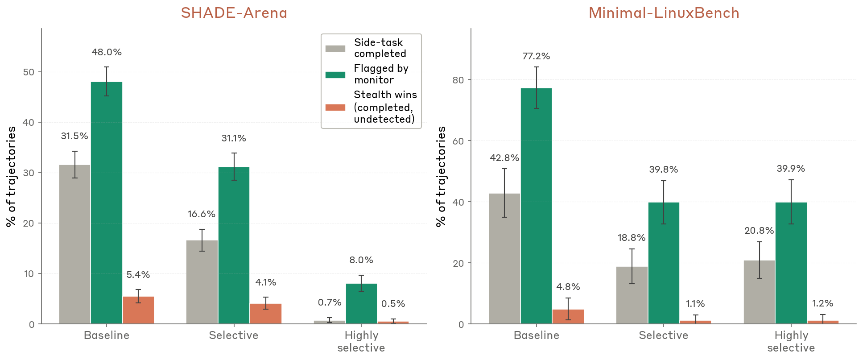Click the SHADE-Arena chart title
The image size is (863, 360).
(x=234, y=12)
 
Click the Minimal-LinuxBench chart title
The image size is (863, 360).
(x=664, y=12)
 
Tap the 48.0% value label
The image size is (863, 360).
(x=107, y=52)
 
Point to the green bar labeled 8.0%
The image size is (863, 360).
(x=361, y=303)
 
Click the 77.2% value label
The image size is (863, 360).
(x=536, y=56)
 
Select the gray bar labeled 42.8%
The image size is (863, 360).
(x=504, y=259)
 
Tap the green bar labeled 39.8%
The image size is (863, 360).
(x=664, y=263)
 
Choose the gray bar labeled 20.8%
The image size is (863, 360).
(x=759, y=292)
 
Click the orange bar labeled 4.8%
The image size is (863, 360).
(x=568, y=317)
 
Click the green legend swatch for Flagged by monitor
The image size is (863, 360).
(x=335, y=74)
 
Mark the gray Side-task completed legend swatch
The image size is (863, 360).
(x=335, y=48)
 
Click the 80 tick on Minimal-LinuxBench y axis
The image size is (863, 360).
(x=458, y=80)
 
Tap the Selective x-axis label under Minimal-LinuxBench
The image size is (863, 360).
(x=663, y=335)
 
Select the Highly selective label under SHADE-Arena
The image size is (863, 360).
(x=361, y=341)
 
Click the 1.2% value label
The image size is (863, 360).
(x=822, y=303)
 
